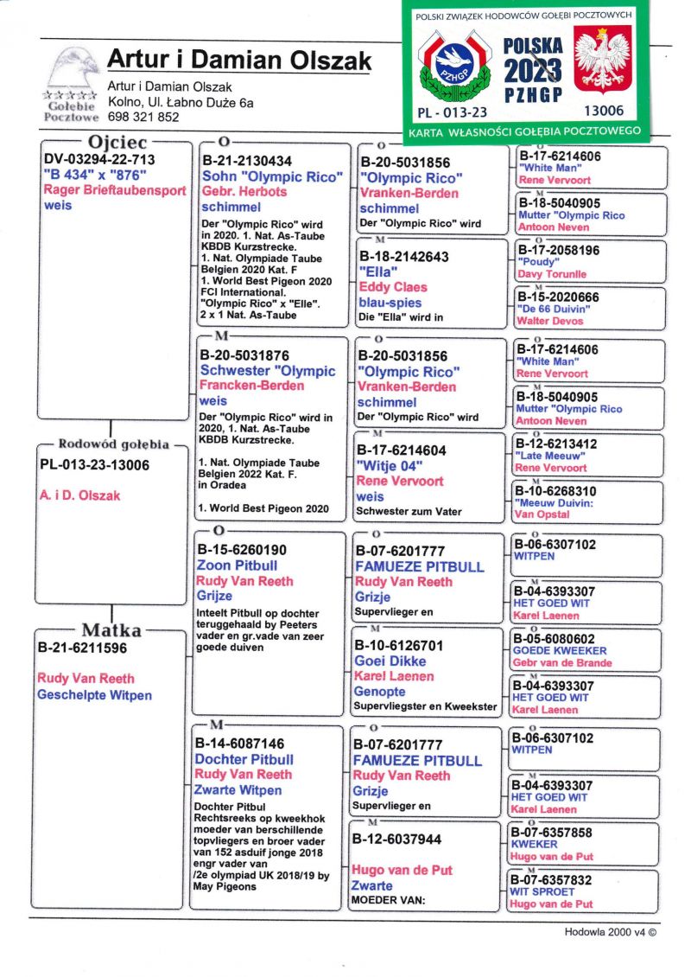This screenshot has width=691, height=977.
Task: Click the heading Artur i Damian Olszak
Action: pos(239,61)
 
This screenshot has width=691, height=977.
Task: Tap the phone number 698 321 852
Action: pos(143,118)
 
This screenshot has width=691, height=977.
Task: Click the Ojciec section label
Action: pos(117,143)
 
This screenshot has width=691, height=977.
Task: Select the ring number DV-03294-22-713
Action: pos(99,160)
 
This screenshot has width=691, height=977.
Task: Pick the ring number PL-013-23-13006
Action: pos(95,465)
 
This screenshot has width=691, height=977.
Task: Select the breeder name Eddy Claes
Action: pos(393,287)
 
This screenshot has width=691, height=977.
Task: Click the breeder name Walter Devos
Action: pos(550,321)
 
